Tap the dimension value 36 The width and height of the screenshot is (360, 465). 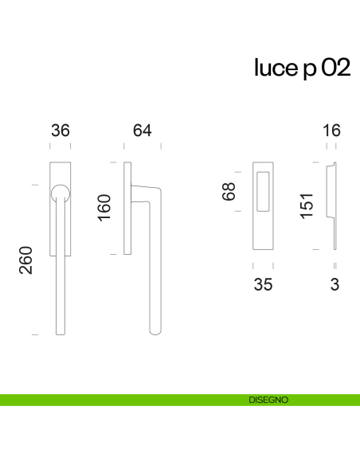(61, 131)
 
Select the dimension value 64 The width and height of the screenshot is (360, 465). (143, 131)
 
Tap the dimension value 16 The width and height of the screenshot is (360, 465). (332, 131)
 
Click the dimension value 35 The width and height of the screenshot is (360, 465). (263, 285)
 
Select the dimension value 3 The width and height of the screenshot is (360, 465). (335, 285)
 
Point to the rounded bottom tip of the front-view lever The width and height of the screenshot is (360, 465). (60, 330)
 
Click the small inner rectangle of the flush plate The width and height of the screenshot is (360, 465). (264, 191)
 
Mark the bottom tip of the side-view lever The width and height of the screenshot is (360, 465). (155, 330)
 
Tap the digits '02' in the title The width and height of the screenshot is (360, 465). (336, 69)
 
